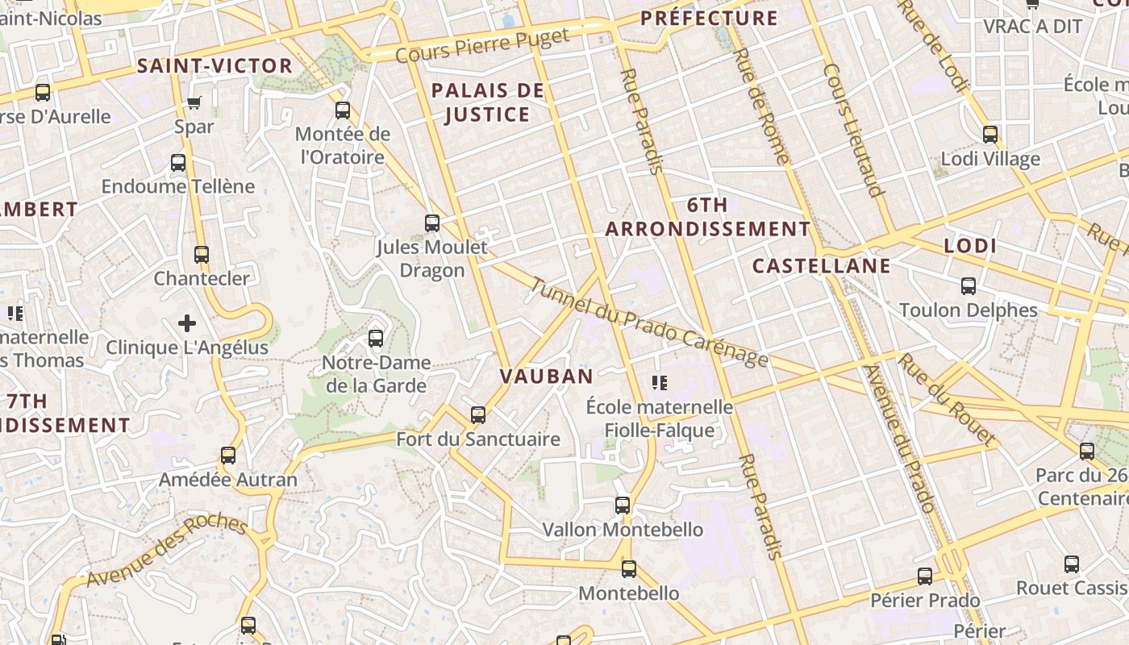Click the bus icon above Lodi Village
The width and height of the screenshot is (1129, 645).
(x=990, y=135)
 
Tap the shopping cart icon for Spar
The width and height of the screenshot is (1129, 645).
(x=194, y=102)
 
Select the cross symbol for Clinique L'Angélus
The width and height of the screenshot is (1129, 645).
(x=187, y=323)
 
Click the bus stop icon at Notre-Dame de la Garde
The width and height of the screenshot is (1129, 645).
(x=376, y=339)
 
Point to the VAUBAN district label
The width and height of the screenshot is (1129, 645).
(x=546, y=376)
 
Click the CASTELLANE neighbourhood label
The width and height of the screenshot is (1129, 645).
(x=821, y=266)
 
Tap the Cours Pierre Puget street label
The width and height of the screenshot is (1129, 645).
(x=482, y=45)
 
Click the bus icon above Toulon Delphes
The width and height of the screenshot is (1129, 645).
(x=969, y=286)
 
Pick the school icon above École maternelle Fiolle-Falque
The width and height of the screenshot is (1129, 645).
(x=660, y=383)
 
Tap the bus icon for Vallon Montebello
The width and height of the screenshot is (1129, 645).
(x=623, y=506)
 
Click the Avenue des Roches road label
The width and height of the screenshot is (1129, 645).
(x=167, y=551)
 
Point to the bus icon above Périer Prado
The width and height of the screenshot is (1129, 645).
(x=925, y=576)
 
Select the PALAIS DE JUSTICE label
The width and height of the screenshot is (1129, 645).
(x=488, y=102)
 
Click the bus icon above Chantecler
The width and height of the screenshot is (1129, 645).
(x=202, y=255)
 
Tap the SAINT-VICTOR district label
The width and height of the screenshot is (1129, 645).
(x=215, y=66)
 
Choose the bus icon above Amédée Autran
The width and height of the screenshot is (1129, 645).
(x=228, y=456)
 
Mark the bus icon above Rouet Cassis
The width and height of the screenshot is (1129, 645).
(x=1072, y=564)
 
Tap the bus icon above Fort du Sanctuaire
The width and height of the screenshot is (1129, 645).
(x=478, y=415)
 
